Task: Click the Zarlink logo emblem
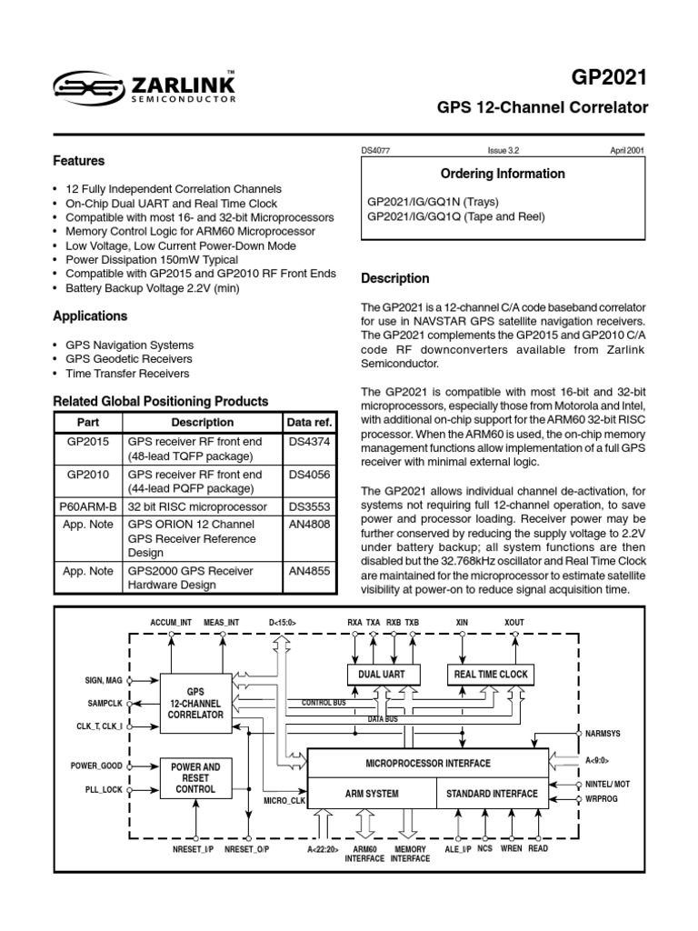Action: point(87,86)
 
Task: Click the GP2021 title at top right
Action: point(616,77)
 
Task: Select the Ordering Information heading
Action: point(503,174)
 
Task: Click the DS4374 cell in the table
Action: point(308,442)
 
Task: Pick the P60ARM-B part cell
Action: point(87,506)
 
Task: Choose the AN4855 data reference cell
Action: point(308,571)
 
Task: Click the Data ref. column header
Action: point(310,422)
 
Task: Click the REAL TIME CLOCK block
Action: point(491,674)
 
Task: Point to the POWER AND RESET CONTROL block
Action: point(196,777)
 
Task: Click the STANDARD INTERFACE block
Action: point(492,794)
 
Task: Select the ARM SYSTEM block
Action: point(372,794)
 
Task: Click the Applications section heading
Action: point(90,316)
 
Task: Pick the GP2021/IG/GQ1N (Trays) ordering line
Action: point(433,202)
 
